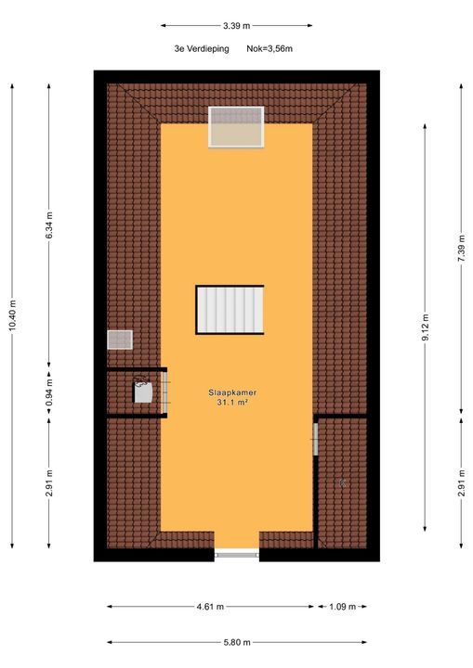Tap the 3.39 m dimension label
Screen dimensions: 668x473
pos(236,26)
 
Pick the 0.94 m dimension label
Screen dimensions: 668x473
pos(50,393)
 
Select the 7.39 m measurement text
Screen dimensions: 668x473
pos(462,250)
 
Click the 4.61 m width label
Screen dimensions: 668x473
pos(210,607)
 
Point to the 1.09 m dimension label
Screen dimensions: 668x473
pos(343,607)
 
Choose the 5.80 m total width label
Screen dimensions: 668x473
pos(236,641)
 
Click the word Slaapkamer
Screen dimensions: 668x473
pos(232,392)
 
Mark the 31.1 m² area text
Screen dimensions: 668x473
pos(232,403)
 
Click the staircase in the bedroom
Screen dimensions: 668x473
pos(230,309)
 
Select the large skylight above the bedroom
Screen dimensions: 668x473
pos(236,126)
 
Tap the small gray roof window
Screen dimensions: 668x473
pos(121,340)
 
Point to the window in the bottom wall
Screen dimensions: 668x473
pos(236,555)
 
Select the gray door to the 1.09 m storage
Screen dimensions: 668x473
pos(317,438)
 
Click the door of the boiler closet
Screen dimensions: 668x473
pos(166,393)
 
